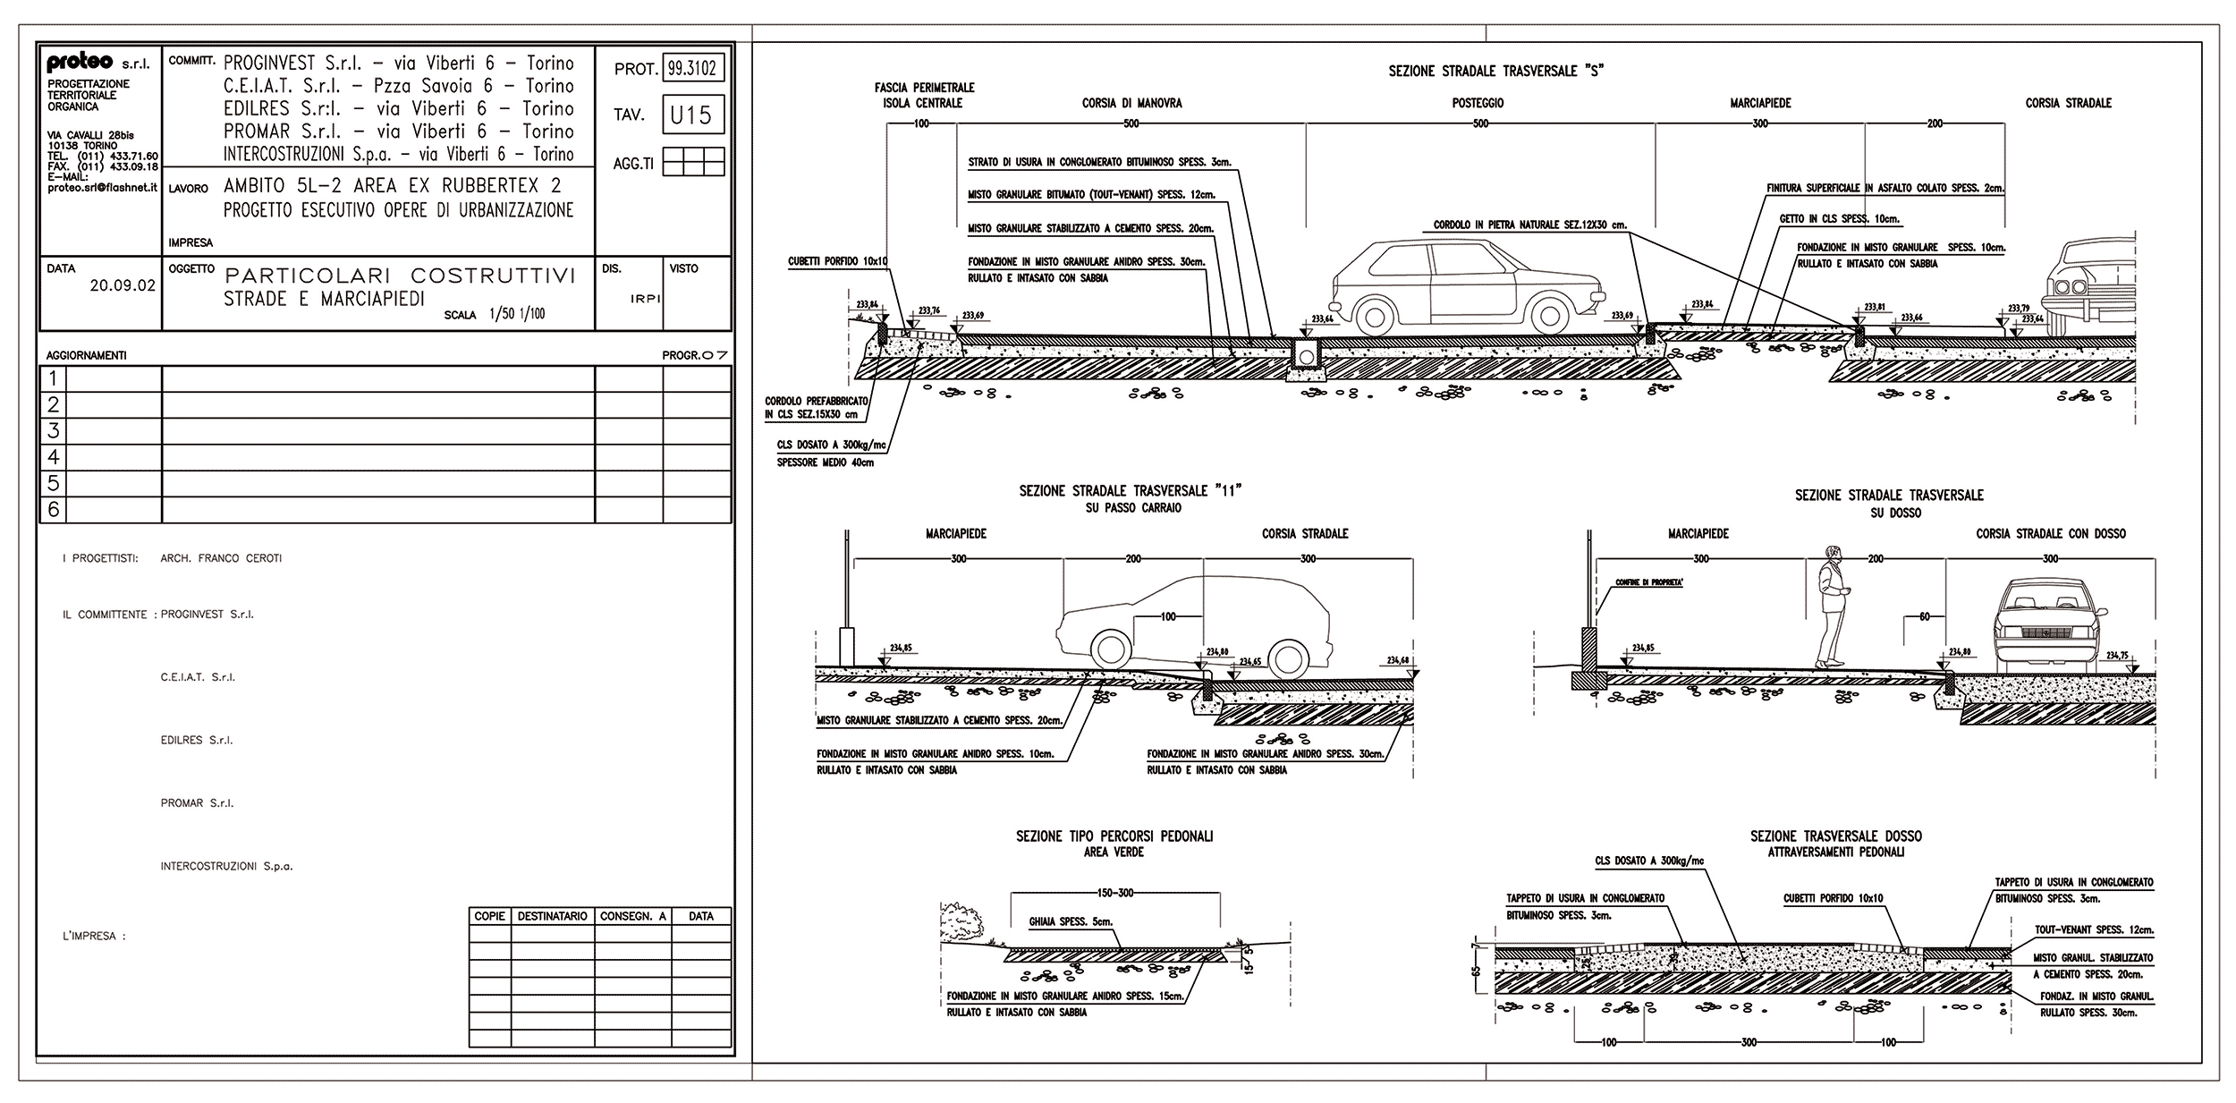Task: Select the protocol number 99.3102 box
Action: (692, 68)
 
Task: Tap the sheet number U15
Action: (691, 115)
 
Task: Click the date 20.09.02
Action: (123, 286)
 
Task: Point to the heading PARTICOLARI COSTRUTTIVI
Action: (400, 276)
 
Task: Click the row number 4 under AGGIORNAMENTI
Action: (54, 457)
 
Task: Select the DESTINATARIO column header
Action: (552, 916)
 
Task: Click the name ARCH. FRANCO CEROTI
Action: (221, 558)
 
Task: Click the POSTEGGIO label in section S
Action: (1478, 103)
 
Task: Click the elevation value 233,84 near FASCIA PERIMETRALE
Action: (868, 303)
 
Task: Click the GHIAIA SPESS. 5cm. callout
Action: (1071, 921)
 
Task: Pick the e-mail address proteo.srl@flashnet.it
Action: (102, 188)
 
